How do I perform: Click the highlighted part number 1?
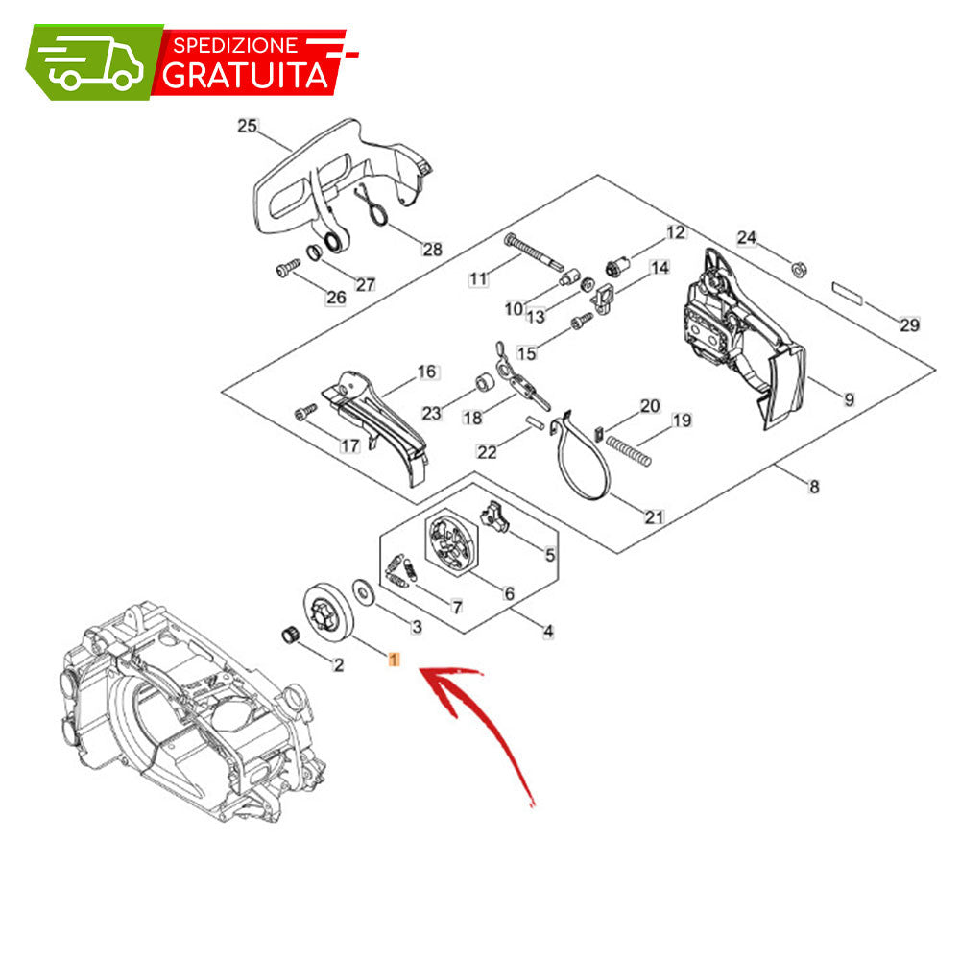point(394,660)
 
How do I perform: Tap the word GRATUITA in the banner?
point(246,75)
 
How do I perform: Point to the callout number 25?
point(247,126)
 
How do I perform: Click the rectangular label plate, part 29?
point(848,293)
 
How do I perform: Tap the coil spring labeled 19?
point(628,450)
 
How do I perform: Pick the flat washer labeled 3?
point(364,591)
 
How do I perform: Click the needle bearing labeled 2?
point(290,635)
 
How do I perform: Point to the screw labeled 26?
point(287,268)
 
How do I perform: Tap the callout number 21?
point(654,517)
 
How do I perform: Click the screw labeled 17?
point(305,412)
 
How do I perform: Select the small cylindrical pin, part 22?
point(535,422)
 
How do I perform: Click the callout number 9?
point(850,399)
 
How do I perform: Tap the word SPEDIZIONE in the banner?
point(235,45)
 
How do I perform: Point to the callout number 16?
point(427,372)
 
